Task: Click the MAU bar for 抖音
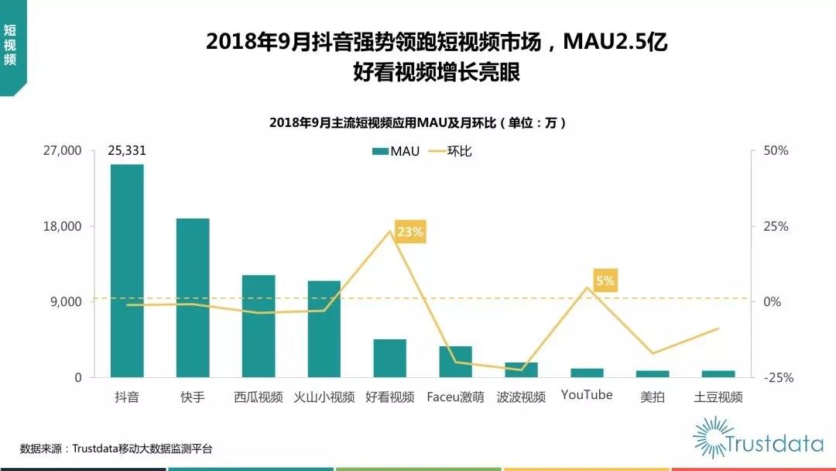[x=127, y=270]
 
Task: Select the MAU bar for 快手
[x=193, y=297]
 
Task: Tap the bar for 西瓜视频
[x=259, y=326]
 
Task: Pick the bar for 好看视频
[x=389, y=358]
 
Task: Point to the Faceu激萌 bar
[x=455, y=362]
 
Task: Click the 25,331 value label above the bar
[x=127, y=150]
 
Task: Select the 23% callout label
[x=410, y=232]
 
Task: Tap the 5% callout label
[x=605, y=280]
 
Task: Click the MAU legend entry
[x=396, y=151]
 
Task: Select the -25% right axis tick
[x=775, y=377]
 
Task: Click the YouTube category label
[x=587, y=395]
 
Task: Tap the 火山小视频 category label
[x=324, y=397]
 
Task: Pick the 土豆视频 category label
[x=718, y=397]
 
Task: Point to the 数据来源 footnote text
[x=116, y=449]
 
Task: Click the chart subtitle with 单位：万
[x=418, y=122]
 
